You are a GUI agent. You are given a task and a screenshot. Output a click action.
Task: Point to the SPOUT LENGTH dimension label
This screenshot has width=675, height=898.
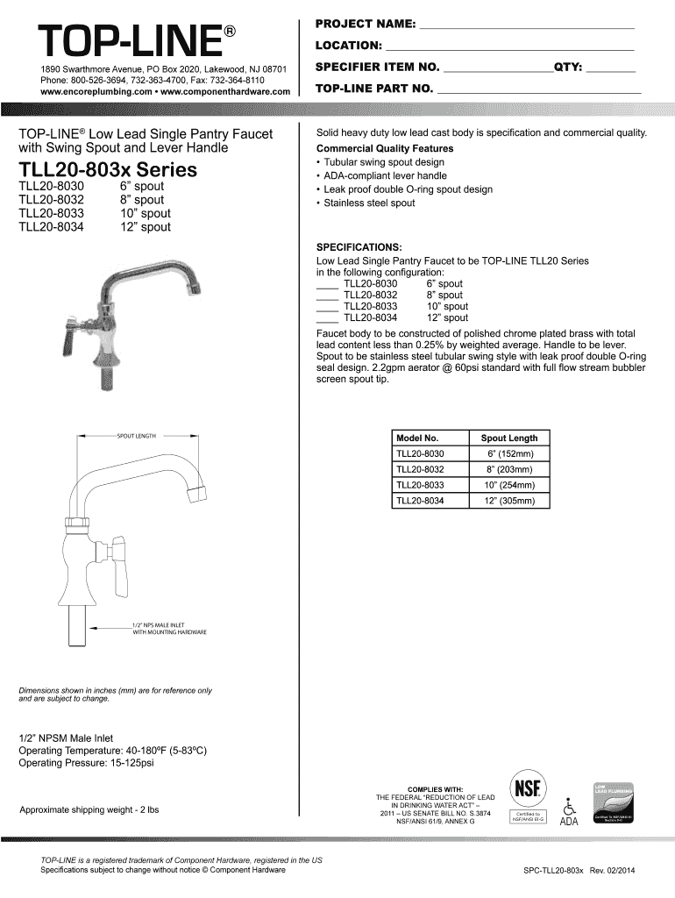(137, 436)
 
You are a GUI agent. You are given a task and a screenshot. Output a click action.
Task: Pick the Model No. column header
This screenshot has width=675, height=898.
(417, 438)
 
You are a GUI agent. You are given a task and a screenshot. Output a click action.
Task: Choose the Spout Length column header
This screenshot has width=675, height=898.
(509, 438)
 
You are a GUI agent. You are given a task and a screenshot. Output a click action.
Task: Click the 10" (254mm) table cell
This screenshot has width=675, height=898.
(509, 486)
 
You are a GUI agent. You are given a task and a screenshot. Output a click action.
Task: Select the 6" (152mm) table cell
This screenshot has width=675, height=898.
(509, 454)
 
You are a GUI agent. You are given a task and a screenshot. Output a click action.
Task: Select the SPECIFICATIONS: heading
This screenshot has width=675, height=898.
(359, 247)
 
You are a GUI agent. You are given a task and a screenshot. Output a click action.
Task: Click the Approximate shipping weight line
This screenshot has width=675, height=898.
(89, 809)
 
